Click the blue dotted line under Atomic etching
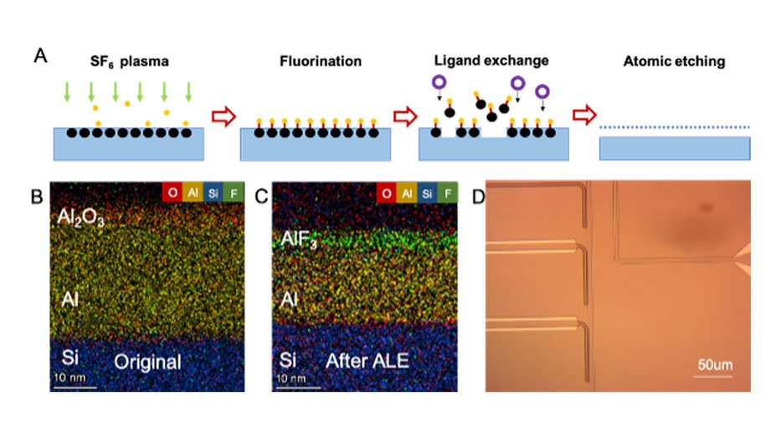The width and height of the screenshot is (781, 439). tap(675, 126)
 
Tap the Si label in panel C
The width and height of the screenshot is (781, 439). tap(288, 360)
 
